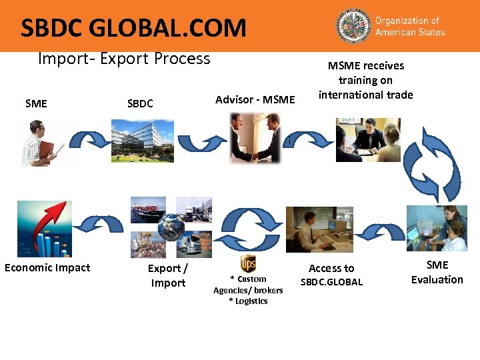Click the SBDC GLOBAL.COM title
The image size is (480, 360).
point(133,28)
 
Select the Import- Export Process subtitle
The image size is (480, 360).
point(124,59)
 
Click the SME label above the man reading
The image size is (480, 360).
point(36,103)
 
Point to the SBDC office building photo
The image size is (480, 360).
point(142,141)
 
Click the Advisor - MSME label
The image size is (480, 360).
point(255,100)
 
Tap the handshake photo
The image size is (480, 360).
point(256,138)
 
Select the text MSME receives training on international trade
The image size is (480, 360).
point(365,80)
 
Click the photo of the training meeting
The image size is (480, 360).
point(368,139)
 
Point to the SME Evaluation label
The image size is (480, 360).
point(437,272)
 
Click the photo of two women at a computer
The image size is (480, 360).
point(437,228)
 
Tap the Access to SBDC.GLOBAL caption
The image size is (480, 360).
point(331,275)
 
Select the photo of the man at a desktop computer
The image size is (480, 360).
point(319,229)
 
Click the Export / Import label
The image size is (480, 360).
point(168,275)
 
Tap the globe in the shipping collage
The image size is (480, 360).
point(171,227)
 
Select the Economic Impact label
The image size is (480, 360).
point(47,268)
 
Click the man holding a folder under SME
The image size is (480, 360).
point(40,142)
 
